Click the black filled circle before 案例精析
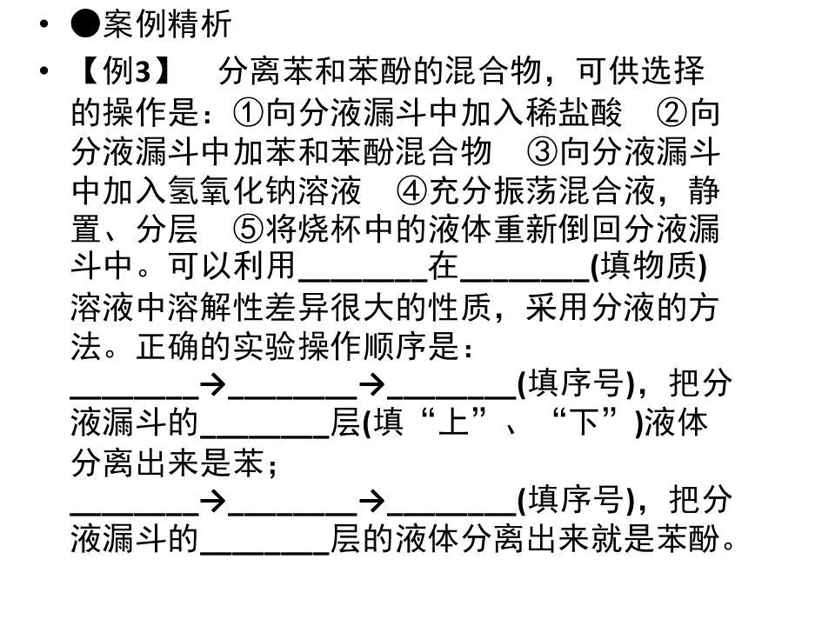(85, 24)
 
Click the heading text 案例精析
(167, 24)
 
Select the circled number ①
(249, 113)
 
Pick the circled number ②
(672, 113)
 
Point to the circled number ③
(542, 151)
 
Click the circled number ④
(411, 190)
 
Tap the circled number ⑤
(249, 229)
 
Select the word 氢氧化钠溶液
(265, 190)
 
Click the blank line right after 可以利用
(364, 278)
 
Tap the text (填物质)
(649, 266)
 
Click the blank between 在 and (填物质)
(524, 278)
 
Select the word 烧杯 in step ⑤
(331, 229)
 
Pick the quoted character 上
(454, 423)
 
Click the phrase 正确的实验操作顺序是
(297, 346)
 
